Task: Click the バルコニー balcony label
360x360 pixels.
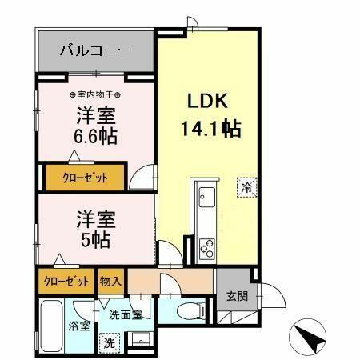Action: tap(95, 52)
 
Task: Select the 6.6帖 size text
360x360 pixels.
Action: tap(97, 136)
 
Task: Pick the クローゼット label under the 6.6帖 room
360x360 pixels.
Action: tap(84, 178)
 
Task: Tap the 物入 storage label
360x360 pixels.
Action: tap(110, 282)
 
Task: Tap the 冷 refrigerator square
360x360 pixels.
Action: tap(246, 189)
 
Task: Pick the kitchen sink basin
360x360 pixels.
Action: tap(203, 196)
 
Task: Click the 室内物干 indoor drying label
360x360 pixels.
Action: tap(95, 79)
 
